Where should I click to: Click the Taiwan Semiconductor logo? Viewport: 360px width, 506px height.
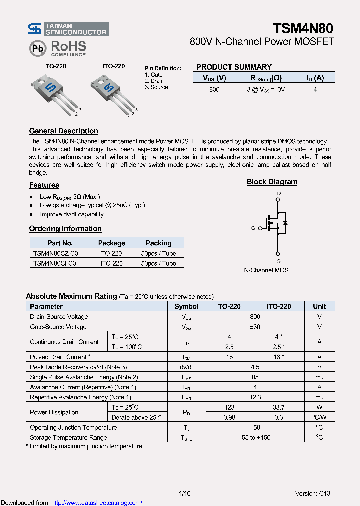coord(67,29)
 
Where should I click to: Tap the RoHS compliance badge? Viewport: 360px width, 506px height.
coord(58,48)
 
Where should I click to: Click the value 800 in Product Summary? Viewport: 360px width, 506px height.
coord(214,89)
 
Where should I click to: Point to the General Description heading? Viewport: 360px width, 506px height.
coord(63,131)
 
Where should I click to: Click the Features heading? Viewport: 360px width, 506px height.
coord(44,185)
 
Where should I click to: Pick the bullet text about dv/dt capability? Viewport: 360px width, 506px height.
coord(72,214)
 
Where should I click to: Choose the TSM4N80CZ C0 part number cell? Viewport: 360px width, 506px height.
coord(55,253)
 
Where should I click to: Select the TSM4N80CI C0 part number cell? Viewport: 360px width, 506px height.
coord(54,263)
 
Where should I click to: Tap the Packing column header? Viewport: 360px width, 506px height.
coord(158,243)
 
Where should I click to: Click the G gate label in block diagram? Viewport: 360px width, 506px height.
coord(253,228)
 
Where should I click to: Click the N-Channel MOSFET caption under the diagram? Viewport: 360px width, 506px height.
coord(272,270)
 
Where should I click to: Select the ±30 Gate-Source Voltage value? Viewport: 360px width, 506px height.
coord(255,327)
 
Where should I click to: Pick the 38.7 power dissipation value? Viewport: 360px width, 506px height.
coord(278,408)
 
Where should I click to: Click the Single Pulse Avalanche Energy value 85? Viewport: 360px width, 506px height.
coord(255,377)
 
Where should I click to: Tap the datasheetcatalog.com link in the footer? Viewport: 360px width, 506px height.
coord(97,503)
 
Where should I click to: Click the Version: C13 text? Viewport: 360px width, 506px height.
coord(312,494)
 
